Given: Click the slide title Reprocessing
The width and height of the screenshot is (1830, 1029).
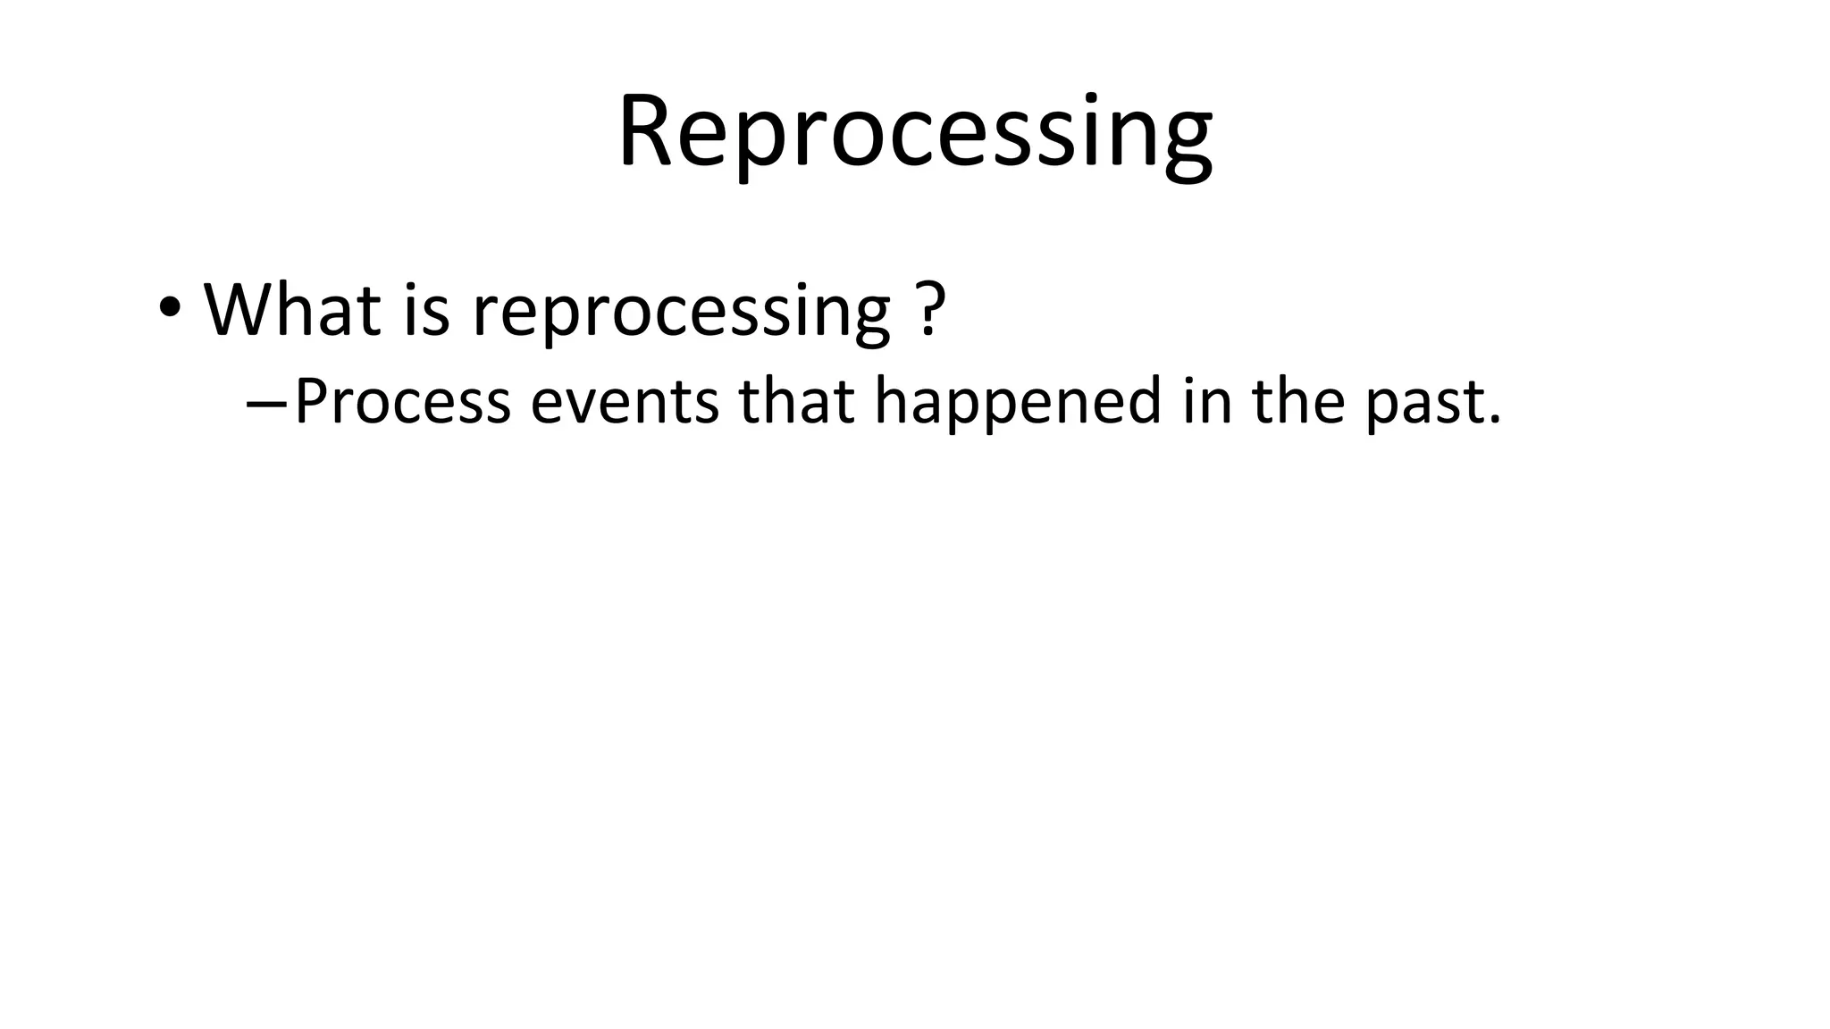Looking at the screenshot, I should [914, 134].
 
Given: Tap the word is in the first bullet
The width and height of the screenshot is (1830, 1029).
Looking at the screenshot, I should [426, 310].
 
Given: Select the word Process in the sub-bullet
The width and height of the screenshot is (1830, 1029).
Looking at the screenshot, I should [402, 402].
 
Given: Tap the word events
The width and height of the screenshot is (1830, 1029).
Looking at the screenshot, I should [625, 402].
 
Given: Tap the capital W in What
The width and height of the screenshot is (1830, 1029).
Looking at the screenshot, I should [238, 310].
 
